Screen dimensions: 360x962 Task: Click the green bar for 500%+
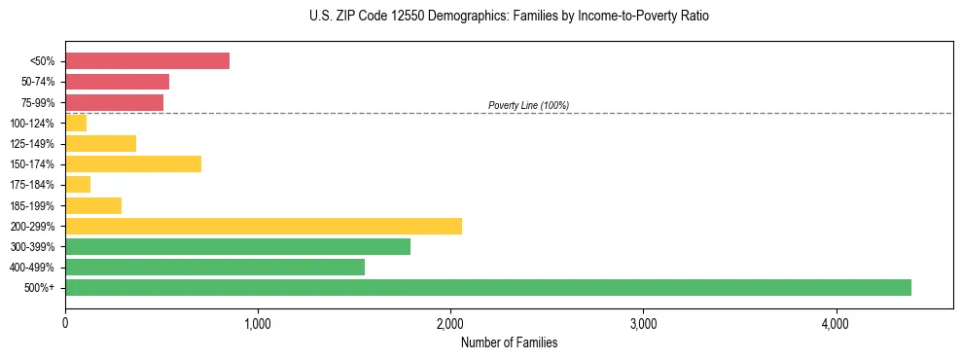coord(487,287)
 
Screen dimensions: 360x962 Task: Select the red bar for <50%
coord(147,61)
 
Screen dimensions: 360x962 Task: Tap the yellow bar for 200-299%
coord(263,226)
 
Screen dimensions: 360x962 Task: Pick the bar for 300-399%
coord(237,246)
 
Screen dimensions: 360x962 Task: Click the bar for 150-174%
coord(133,163)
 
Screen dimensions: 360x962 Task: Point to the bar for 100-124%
coord(76,123)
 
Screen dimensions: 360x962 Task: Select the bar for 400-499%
coord(215,267)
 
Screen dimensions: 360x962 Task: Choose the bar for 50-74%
coord(117,82)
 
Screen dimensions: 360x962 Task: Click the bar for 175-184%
coord(78,184)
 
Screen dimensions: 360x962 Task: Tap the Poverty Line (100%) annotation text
coord(528,105)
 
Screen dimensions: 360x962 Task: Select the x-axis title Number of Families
coord(509,342)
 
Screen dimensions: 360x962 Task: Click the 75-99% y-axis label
coord(38,102)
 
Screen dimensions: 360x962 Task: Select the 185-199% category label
coord(35,205)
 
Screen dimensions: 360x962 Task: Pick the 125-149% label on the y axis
coord(35,143)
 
